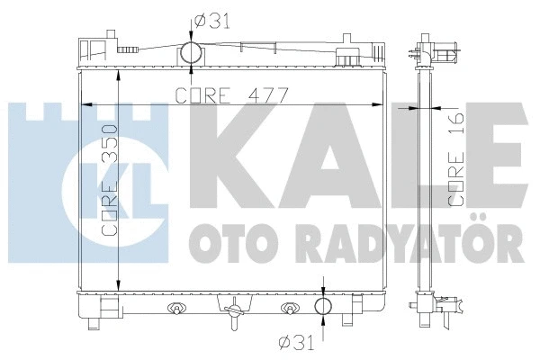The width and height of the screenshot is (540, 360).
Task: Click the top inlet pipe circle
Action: [190, 52]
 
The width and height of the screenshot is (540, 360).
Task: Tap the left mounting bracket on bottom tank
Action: [176, 309]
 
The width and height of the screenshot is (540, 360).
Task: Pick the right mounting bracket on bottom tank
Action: [290, 309]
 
